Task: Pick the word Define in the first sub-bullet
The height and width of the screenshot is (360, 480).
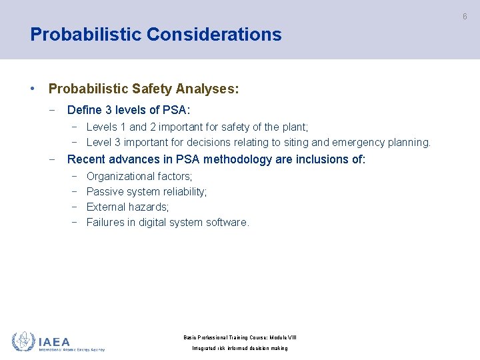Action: [x=85, y=110]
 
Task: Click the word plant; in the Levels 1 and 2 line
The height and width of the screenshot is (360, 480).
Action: [x=295, y=127]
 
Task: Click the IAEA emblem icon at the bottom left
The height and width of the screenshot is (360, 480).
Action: [x=23, y=341]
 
